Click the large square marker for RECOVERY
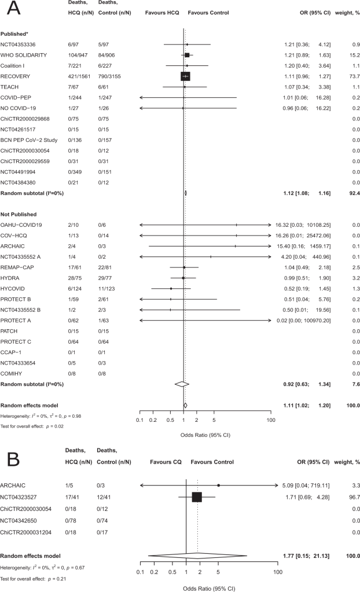click(185, 76)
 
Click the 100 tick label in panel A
click(270, 420)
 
